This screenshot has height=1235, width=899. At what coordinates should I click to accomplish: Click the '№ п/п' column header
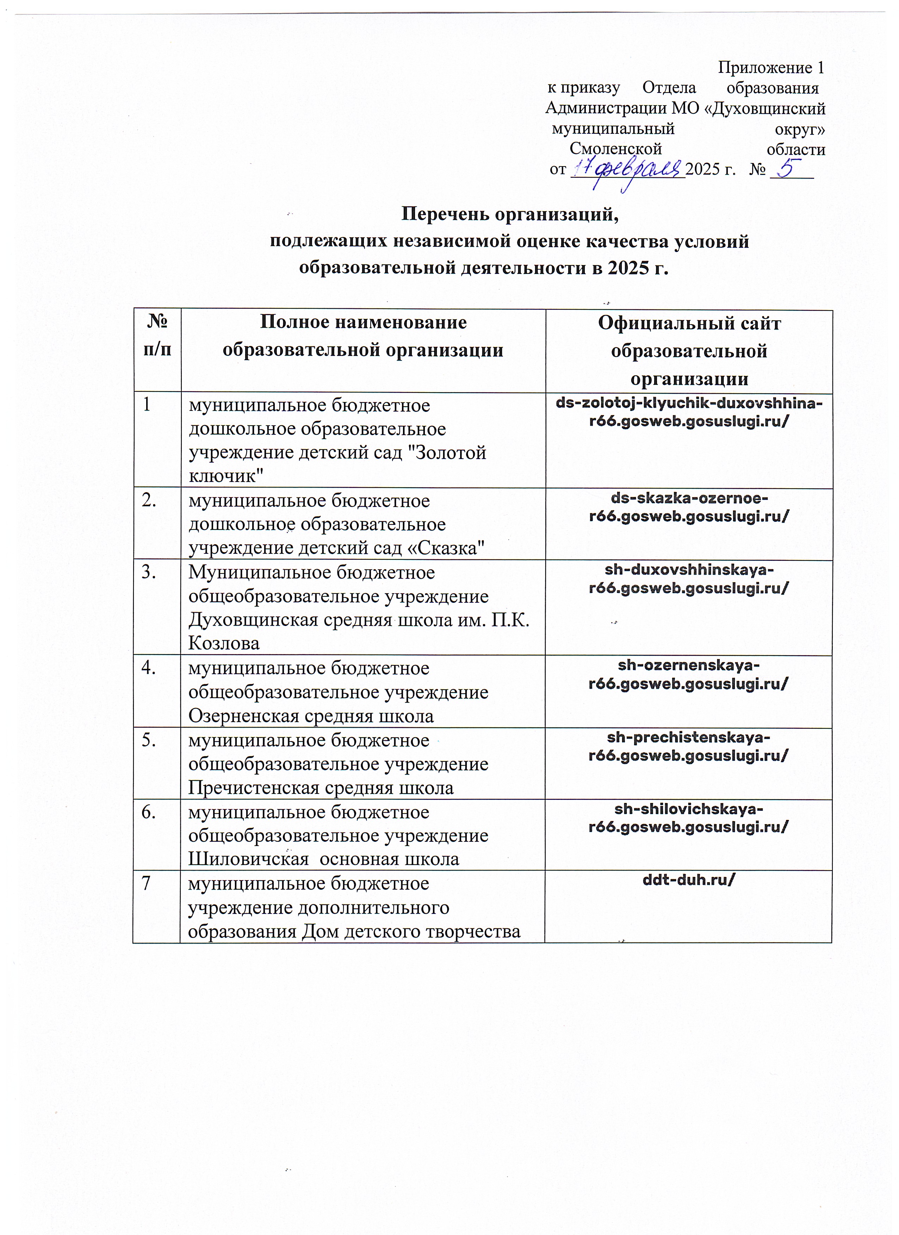pyautogui.click(x=157, y=336)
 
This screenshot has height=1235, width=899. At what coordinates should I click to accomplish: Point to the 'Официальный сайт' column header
pyautogui.click(x=689, y=324)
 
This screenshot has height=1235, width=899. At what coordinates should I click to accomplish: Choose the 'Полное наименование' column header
pyautogui.click(x=363, y=322)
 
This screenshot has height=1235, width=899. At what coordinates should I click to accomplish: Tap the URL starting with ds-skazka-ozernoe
pyautogui.click(x=689, y=508)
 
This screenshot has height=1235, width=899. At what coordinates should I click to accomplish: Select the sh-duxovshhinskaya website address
pyautogui.click(x=689, y=579)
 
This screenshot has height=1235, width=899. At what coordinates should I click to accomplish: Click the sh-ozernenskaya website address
pyautogui.click(x=689, y=674)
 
